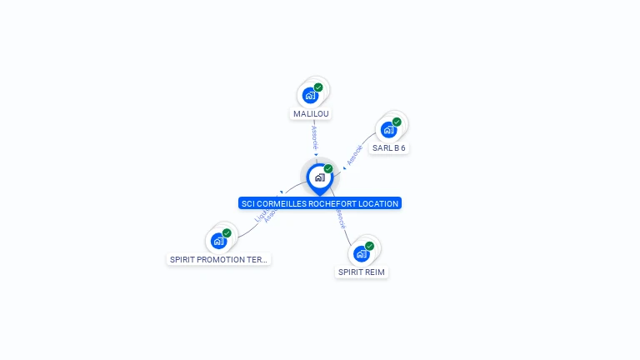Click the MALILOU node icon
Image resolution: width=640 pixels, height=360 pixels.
tap(310, 95)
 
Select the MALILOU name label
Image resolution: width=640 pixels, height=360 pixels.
tap(311, 113)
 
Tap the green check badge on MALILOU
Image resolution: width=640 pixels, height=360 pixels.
tap(318, 87)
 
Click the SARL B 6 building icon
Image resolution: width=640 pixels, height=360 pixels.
tap(387, 130)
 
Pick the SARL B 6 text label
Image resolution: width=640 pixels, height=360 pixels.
tap(388, 148)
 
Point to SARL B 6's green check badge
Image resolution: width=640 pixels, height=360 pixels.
tap(397, 122)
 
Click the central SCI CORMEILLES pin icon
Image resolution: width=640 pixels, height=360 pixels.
tap(319, 177)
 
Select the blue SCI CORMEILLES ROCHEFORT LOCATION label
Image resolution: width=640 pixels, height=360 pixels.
tap(320, 203)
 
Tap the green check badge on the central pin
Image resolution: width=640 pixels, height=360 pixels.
tap(328, 169)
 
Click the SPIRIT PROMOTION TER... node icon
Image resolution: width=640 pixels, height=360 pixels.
tap(218, 241)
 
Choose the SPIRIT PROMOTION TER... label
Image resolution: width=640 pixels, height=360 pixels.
tap(219, 259)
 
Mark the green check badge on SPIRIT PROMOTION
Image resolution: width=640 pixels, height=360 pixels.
tap(227, 233)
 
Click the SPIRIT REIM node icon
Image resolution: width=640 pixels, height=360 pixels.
tap(361, 253)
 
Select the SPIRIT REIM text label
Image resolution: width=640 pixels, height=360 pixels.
tap(362, 272)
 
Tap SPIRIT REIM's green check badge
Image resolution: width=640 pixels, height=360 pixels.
tap(369, 246)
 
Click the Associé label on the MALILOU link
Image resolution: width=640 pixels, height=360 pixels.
tap(315, 137)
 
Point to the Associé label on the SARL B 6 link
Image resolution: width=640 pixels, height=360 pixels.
tap(354, 155)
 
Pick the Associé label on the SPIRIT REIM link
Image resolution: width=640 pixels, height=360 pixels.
tap(339, 218)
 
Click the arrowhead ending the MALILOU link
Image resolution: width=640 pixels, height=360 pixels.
tap(317, 154)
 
